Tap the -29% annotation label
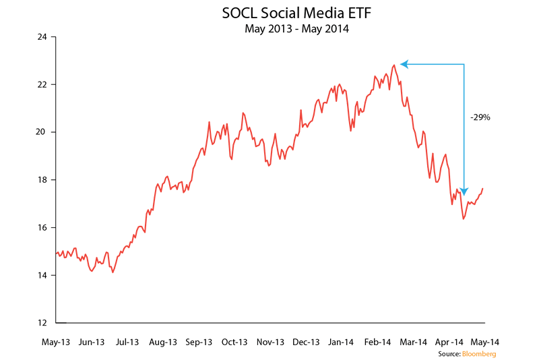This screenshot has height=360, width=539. [x=480, y=117]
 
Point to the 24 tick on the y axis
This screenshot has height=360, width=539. [x=42, y=37]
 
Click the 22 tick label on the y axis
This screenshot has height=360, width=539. [x=42, y=85]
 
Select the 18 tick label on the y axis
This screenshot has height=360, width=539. [x=42, y=180]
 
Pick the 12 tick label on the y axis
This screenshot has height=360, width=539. [x=42, y=322]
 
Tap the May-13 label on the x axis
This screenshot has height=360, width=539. [x=56, y=342]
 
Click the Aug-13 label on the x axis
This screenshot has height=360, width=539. [x=162, y=342]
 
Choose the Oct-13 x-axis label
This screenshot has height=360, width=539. [x=234, y=342]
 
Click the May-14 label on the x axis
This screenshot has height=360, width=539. [x=485, y=342]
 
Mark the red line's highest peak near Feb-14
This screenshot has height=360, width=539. [x=393, y=65]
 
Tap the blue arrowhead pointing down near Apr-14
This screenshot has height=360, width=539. [x=464, y=191]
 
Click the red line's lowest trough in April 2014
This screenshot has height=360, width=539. [x=463, y=218]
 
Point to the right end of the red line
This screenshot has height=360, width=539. [x=483, y=189]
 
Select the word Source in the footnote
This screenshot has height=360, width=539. [x=448, y=353]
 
